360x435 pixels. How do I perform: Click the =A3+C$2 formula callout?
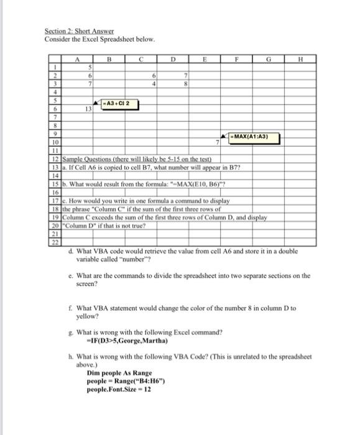[118, 103]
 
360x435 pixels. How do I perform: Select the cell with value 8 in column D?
[185, 85]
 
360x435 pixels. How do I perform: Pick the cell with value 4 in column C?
[153, 85]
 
